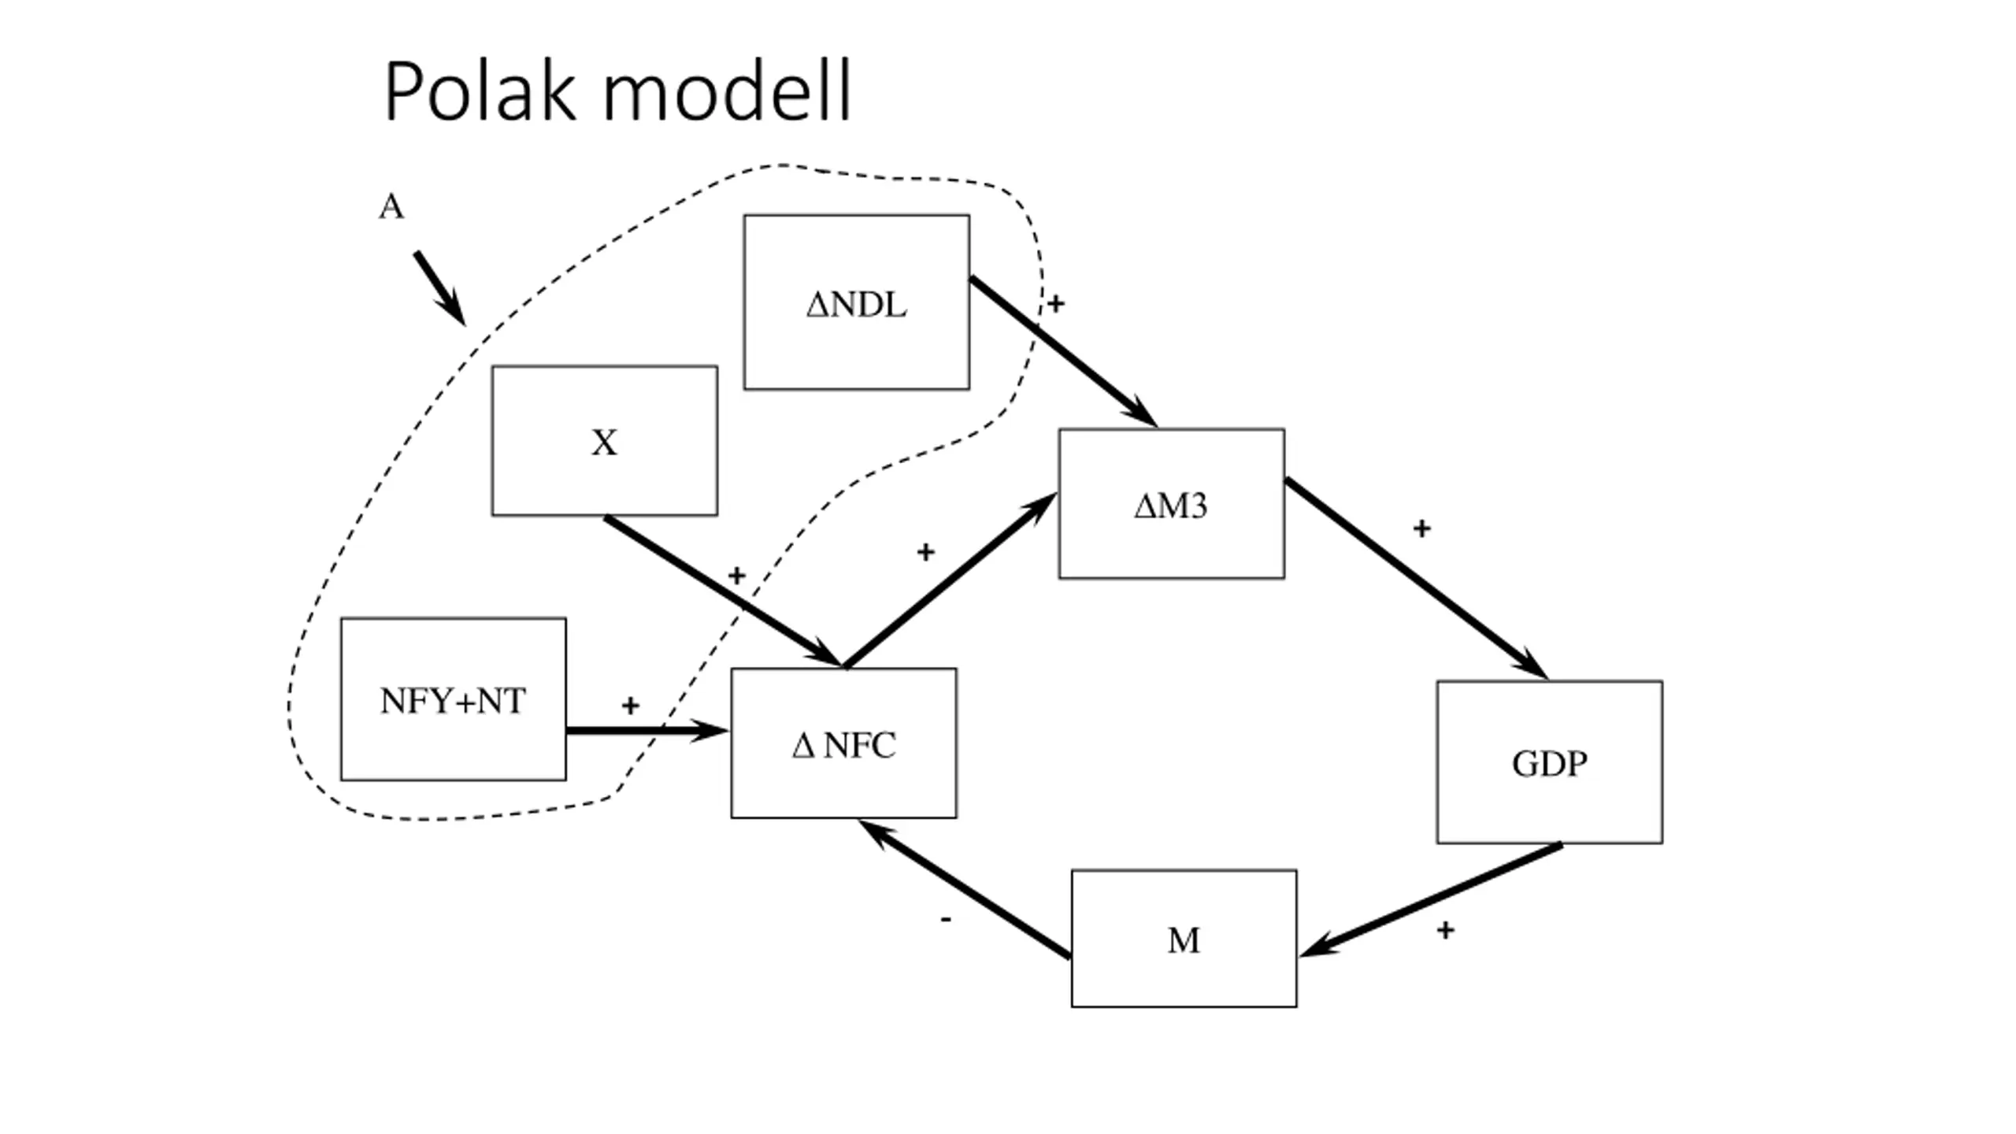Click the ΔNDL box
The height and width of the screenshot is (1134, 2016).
click(856, 302)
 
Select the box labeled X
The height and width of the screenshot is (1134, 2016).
click(604, 440)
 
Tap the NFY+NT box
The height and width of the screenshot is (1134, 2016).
click(453, 699)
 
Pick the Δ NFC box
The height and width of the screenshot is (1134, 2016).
click(843, 743)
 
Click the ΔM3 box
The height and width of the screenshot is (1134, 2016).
click(1171, 503)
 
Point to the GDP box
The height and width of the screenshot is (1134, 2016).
click(1549, 762)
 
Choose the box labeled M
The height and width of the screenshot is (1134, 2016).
click(1184, 938)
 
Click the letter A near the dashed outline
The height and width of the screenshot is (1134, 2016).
click(391, 207)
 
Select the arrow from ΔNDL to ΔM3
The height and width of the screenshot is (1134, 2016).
click(1063, 351)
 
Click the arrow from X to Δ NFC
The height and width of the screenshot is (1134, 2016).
click(723, 591)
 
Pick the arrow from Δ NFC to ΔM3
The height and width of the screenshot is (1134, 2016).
click(950, 580)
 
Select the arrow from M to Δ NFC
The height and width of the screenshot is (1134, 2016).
click(964, 889)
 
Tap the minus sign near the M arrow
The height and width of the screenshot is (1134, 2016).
click(946, 919)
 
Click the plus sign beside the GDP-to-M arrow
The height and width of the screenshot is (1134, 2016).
click(1445, 930)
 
